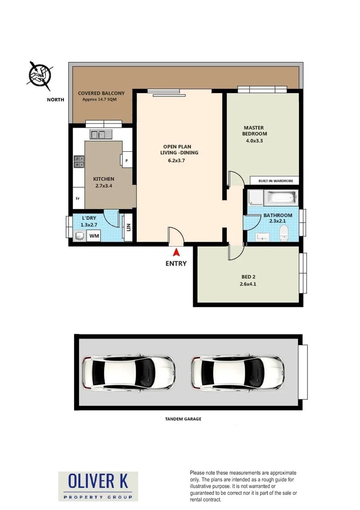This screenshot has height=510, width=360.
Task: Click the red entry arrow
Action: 176,253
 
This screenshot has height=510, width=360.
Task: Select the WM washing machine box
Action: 94,235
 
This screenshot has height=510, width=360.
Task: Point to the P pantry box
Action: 127,160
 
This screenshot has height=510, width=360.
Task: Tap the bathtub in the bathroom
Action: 281,197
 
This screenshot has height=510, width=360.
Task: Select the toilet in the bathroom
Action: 284,232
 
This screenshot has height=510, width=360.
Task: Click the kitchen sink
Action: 100,134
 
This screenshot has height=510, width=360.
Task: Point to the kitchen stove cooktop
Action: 79,162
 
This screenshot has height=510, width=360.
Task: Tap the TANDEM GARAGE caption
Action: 183,419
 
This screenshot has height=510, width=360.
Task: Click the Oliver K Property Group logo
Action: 98,486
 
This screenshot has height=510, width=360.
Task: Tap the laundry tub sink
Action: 79,235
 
